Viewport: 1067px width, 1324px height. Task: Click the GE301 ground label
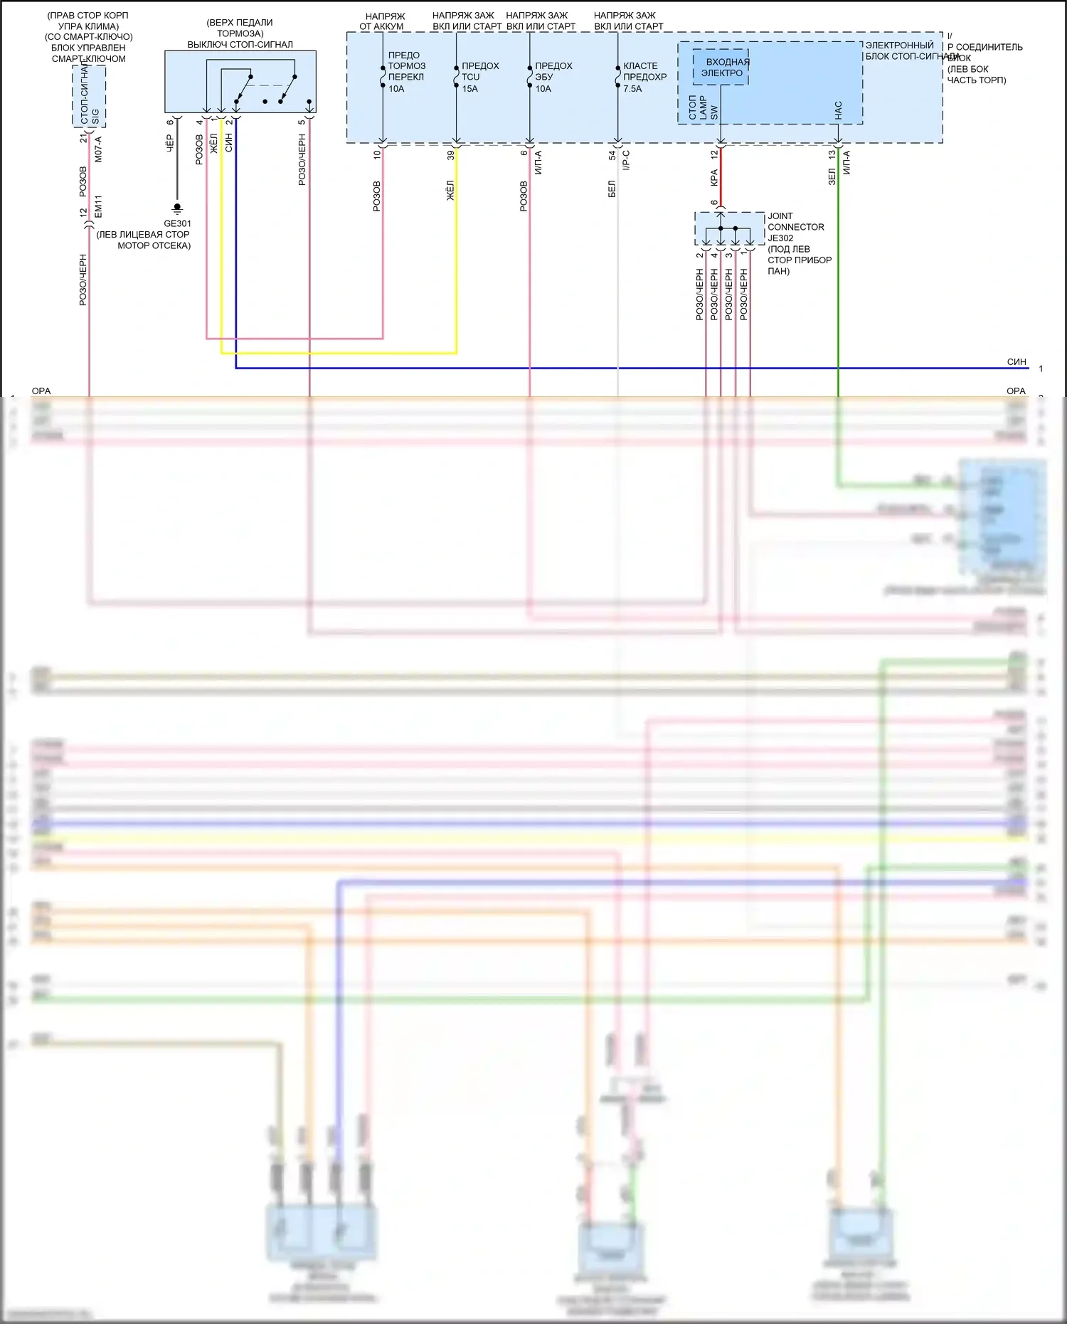click(177, 223)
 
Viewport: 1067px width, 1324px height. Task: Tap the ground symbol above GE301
click(177, 208)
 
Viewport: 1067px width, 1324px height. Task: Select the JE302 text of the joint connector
click(780, 238)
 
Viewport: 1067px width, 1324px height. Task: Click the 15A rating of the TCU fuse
click(469, 89)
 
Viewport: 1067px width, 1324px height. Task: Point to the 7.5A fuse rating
click(632, 89)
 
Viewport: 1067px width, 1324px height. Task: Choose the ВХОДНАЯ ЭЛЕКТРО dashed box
click(721, 68)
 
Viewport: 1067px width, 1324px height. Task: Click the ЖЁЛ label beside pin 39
click(450, 191)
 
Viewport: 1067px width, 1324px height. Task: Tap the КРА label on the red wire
click(714, 178)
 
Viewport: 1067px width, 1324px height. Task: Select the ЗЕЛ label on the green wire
click(832, 176)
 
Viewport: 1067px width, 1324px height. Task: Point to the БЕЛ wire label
click(612, 189)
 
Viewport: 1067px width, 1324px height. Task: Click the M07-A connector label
click(98, 149)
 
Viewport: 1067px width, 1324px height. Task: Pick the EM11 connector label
click(98, 206)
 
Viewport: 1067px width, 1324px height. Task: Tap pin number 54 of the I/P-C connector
click(612, 154)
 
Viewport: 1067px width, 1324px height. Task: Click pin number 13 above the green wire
click(832, 154)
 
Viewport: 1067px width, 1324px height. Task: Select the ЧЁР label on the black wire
click(170, 144)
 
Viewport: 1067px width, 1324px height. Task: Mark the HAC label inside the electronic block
click(838, 110)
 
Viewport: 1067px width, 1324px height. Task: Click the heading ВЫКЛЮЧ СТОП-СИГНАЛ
click(240, 44)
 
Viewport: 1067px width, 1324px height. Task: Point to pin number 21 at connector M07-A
click(83, 138)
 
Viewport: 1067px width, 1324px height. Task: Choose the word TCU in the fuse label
click(470, 77)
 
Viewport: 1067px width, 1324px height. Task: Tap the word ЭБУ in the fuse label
click(543, 77)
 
